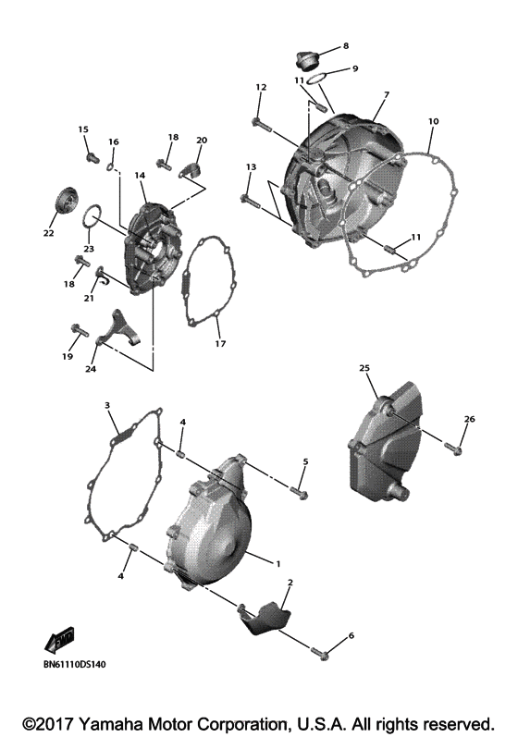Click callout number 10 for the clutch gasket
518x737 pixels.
coord(434,121)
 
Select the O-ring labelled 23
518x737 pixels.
coord(91,219)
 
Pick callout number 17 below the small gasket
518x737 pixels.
coord(219,344)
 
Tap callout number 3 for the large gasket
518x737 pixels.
coord(107,406)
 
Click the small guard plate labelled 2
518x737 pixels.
coord(267,618)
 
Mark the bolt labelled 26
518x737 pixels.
coord(452,448)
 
